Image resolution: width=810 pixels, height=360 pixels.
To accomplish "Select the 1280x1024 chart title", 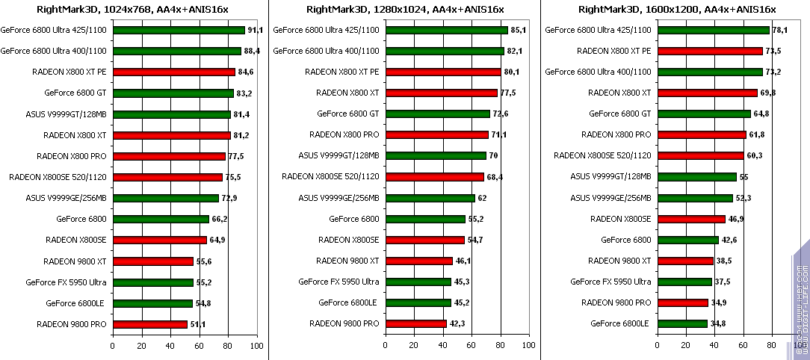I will tap(404, 9).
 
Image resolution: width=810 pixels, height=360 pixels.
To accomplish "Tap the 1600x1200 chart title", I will tap(675, 9).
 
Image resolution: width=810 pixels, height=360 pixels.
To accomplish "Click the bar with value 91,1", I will tap(179, 31).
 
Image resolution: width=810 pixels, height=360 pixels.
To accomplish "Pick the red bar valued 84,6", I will tap(174, 72).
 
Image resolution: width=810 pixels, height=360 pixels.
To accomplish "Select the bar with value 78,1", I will tap(713, 31).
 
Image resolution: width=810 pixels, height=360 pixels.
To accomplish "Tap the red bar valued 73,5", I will tap(710, 52).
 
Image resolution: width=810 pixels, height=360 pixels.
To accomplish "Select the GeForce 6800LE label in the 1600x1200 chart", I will tap(621, 324).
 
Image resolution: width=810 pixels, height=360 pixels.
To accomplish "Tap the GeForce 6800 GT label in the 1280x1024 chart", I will tap(348, 114).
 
